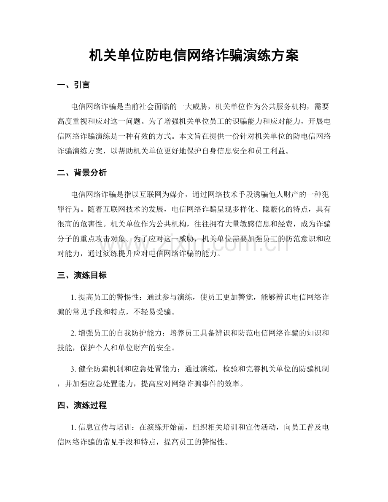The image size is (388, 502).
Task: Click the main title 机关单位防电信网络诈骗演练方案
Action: [x=194, y=55]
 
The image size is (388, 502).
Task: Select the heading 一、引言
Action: [x=73, y=85]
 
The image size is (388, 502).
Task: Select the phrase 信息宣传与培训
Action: [x=104, y=427]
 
